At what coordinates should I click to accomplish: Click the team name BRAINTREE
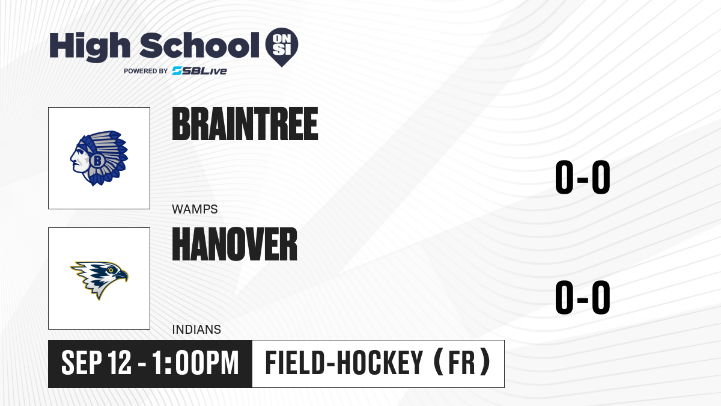coord(245,124)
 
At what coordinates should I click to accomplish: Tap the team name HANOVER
coord(235,244)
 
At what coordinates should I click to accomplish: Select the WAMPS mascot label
coord(195,209)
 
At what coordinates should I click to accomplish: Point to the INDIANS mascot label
coord(196,330)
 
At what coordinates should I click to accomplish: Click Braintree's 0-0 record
coord(583,177)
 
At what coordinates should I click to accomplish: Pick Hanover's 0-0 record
coord(583,297)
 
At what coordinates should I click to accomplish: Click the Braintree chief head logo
coord(99,158)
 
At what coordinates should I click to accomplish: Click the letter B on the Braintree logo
coord(97,160)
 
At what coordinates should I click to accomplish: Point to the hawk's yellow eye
coord(111,270)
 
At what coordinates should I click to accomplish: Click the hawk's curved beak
coord(123,276)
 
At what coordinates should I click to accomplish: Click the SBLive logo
coord(199,71)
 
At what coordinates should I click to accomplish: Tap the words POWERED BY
coord(146,71)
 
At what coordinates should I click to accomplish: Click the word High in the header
coord(90,47)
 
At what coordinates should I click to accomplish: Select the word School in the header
coord(199,45)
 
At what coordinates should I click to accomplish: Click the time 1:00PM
coord(195,363)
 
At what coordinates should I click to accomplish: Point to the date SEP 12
coord(96,363)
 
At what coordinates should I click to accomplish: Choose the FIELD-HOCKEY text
coord(344,363)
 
